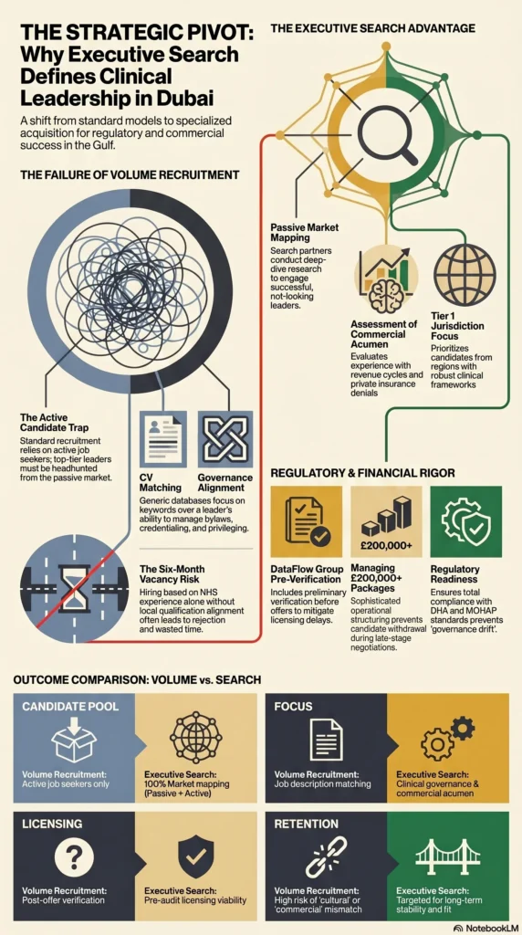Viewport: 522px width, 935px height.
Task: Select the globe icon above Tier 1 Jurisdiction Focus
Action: coord(465,273)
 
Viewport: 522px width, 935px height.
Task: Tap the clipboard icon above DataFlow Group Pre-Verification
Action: coord(307,520)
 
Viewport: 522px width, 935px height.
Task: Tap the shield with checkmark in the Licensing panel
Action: coord(196,857)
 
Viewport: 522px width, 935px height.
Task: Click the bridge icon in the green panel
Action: coord(447,856)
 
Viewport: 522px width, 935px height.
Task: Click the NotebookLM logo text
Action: coord(485,928)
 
